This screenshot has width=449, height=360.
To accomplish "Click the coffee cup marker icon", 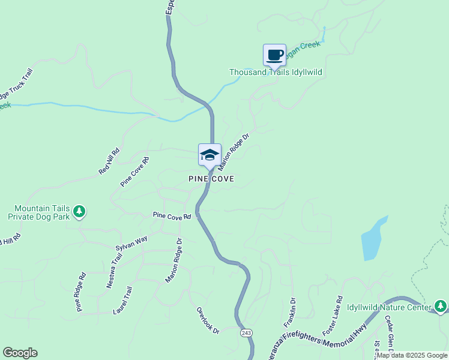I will pyautogui.click(x=274, y=55).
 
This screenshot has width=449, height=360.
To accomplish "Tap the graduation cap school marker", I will pyautogui.click(x=209, y=155).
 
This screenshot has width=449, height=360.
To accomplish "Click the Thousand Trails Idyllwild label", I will pyautogui.click(x=276, y=73).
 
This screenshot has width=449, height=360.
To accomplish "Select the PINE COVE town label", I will pyautogui.click(x=211, y=179).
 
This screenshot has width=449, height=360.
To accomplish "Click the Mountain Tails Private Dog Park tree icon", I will pyautogui.click(x=79, y=211).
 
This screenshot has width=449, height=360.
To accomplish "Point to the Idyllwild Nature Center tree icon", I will pyautogui.click(x=441, y=307).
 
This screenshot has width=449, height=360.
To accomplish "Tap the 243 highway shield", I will pyautogui.click(x=246, y=332).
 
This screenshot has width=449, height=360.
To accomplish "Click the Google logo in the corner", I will pyautogui.click(x=20, y=353).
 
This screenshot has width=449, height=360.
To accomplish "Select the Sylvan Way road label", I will pyautogui.click(x=131, y=243).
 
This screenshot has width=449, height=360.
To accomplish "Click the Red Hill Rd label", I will pyautogui.click(x=109, y=162).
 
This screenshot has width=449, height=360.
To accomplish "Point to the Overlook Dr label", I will pyautogui.click(x=208, y=321).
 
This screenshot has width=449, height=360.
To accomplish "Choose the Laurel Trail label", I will pyautogui.click(x=122, y=300).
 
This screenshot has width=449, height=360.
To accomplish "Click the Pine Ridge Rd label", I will pyautogui.click(x=81, y=292).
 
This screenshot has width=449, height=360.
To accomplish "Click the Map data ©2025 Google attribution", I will pyautogui.click(x=412, y=355).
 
